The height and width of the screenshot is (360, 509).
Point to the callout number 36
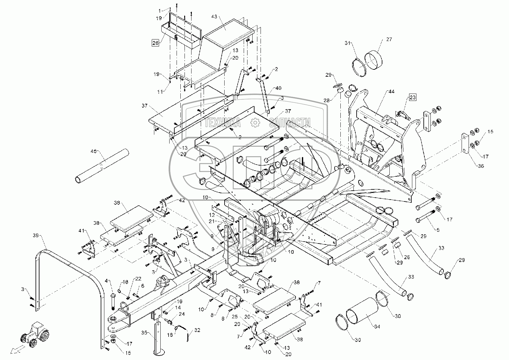pyautogui.click(x=480, y=166)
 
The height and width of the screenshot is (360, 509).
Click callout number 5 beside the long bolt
pyautogui.click(x=438, y=229)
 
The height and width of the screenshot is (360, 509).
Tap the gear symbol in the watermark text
pyautogui.click(x=254, y=122)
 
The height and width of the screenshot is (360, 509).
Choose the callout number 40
pyautogui.click(x=278, y=88)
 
